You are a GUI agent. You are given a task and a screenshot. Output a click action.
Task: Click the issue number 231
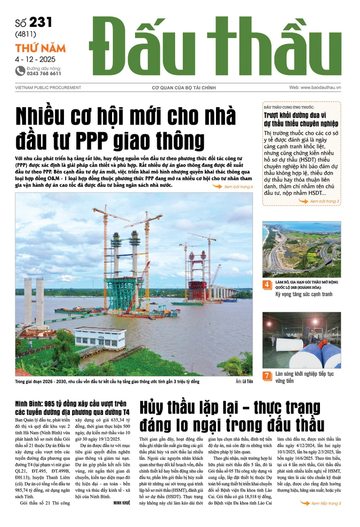[41, 22]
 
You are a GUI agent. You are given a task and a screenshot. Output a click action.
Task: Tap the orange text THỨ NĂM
[40, 48]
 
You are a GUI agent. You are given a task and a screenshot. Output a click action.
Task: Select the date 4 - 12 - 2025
[35, 59]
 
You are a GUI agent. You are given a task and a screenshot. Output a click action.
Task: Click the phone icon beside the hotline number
[20, 71]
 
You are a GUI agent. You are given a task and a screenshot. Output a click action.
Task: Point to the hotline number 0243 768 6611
[44, 73]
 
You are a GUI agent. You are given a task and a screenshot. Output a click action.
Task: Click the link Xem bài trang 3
[324, 201]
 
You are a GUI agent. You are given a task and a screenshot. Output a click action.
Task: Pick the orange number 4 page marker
[267, 285]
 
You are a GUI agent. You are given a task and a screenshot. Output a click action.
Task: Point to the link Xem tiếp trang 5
[326, 503]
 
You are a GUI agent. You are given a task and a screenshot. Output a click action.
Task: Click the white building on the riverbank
[99, 337]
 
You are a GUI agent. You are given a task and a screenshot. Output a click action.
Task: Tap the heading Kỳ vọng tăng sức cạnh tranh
[304, 294]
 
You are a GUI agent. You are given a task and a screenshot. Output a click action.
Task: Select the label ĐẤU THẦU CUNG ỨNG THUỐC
[289, 107]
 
